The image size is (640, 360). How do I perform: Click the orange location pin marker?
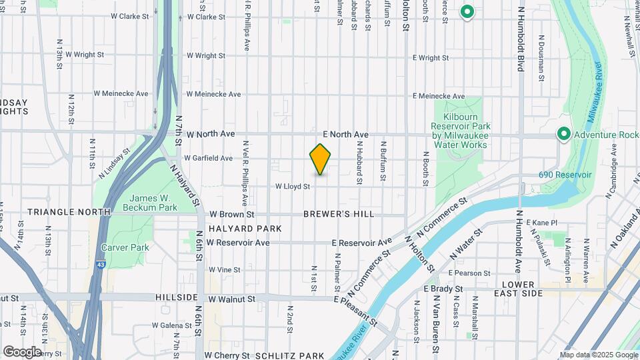(x=320, y=159)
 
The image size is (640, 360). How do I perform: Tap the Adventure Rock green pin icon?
(x=563, y=135)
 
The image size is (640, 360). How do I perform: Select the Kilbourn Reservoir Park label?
(x=460, y=127)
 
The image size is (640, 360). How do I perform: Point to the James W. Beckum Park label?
(x=153, y=203)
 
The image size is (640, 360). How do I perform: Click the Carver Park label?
(x=124, y=247)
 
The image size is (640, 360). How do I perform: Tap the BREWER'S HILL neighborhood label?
(x=339, y=215)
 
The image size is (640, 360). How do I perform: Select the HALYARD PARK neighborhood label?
(x=245, y=229)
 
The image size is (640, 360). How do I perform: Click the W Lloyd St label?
(x=293, y=187)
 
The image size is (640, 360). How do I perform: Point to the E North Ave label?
(x=345, y=134)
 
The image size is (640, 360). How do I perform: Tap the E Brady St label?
(x=443, y=289)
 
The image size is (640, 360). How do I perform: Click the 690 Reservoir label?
(x=565, y=175)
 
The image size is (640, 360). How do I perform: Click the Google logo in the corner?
(x=22, y=351)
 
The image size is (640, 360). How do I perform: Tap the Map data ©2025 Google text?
(x=598, y=355)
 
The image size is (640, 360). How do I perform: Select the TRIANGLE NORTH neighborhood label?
(x=69, y=212)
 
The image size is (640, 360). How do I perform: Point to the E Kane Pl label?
(x=541, y=222)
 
